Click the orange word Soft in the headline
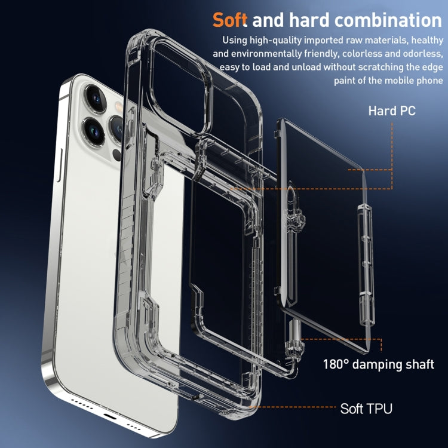tap(230, 20)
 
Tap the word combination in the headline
tap(387, 20)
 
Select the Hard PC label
tap(391, 111)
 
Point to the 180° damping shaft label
tap(378, 364)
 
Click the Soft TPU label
tap(366, 409)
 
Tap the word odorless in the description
tap(418, 54)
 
